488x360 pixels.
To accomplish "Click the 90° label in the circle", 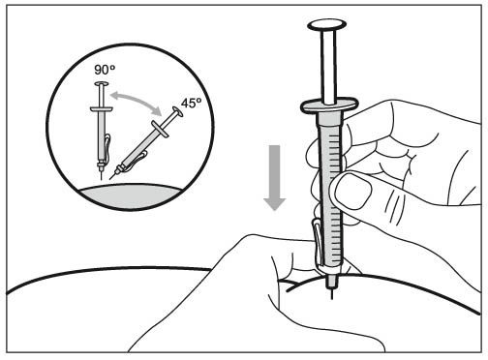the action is pyautogui.click(x=105, y=70).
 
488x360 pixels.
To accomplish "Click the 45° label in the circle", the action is pyautogui.click(x=191, y=103).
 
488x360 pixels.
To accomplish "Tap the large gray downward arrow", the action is pyautogui.click(x=275, y=178).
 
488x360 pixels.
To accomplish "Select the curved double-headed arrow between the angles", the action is pyautogui.click(x=136, y=100).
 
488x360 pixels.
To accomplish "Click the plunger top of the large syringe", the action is pyautogui.click(x=327, y=25).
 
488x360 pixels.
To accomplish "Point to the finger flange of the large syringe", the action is pyautogui.click(x=329, y=105).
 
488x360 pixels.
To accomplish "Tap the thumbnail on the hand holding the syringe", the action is pyautogui.click(x=353, y=191).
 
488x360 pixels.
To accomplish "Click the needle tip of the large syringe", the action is pyautogui.click(x=332, y=299).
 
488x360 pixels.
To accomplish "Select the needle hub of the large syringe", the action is pyautogui.click(x=332, y=281).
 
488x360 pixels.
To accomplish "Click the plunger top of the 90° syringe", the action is pyautogui.click(x=102, y=84).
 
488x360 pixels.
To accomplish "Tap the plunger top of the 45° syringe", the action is pyautogui.click(x=177, y=112).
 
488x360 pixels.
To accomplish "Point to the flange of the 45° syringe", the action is pyautogui.click(x=161, y=130).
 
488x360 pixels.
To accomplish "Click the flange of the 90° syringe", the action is pyautogui.click(x=102, y=109).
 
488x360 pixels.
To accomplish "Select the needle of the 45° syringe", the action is pyautogui.click(x=112, y=175).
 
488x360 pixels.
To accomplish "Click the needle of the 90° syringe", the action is pyautogui.click(x=102, y=175).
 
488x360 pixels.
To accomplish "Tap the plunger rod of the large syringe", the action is pyautogui.click(x=328, y=66).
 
